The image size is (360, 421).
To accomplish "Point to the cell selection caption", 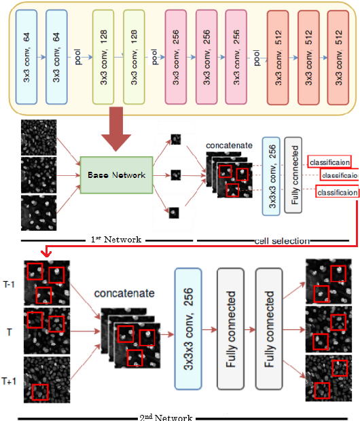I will (282, 240).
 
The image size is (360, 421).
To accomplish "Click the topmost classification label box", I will (329, 162).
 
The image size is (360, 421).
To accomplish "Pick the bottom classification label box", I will (337, 193).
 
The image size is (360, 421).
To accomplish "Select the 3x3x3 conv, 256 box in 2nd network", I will (190, 328).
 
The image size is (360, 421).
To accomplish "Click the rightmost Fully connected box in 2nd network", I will (270, 328).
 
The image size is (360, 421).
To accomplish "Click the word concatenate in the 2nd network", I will (124, 293).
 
